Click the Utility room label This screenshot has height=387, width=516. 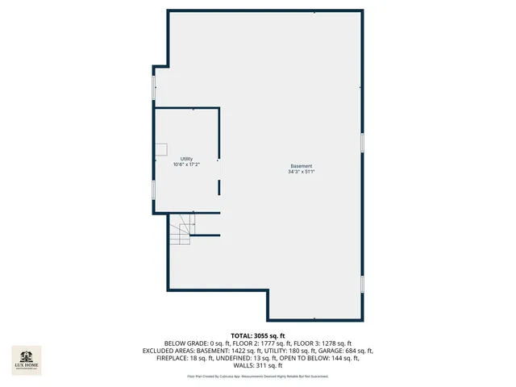click(186, 159)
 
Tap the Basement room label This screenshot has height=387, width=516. click(302, 166)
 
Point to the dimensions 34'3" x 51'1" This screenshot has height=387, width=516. click(302, 172)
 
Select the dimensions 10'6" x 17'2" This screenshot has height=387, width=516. click(186, 164)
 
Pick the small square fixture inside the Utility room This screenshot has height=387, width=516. click(161, 148)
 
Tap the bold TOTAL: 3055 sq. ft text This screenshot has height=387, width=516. click(258, 335)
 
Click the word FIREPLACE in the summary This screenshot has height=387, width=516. click(173, 358)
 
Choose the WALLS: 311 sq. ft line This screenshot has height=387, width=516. click(258, 365)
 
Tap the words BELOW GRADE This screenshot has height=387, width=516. click(185, 343)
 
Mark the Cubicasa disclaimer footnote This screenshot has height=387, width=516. click(258, 376)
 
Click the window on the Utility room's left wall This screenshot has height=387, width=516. click(154, 190)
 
